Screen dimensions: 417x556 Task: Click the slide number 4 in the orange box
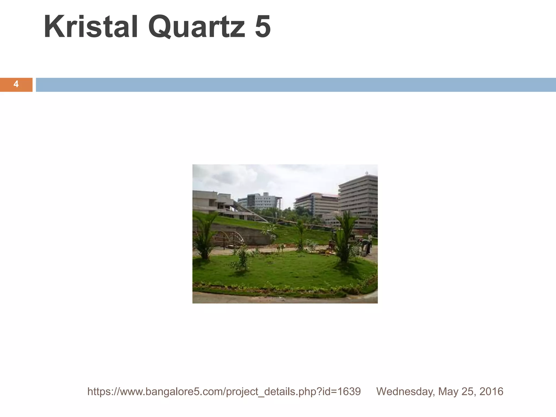(16, 84)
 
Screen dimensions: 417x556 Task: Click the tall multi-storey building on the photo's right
(358, 198)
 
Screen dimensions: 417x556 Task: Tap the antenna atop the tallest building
(367, 173)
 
